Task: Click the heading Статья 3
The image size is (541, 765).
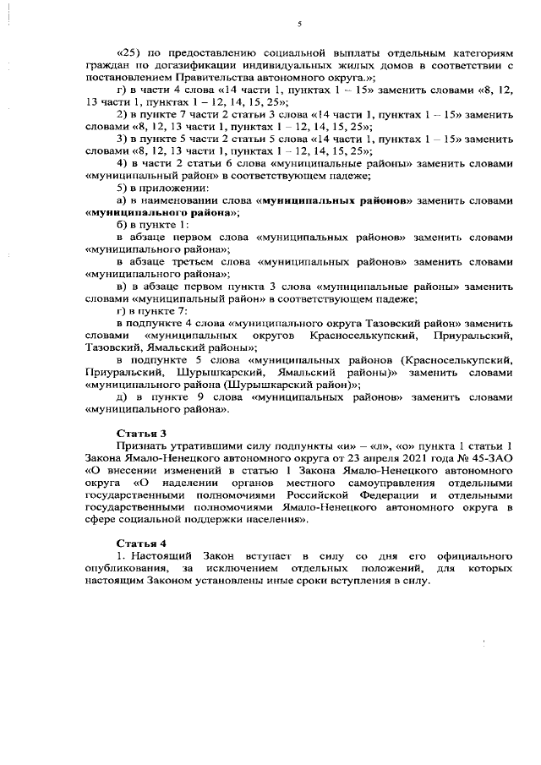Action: pos(135,433)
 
